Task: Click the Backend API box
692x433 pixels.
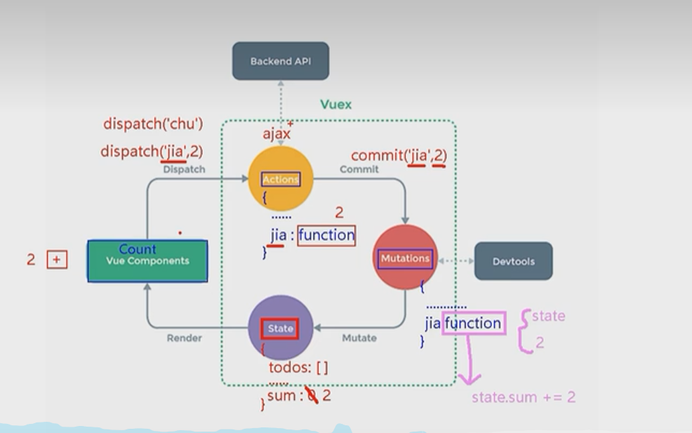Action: (x=281, y=61)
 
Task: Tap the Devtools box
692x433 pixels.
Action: (x=513, y=261)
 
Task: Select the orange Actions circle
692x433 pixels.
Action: (x=281, y=180)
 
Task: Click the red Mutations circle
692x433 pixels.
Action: (x=405, y=258)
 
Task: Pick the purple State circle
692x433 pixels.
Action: (x=280, y=328)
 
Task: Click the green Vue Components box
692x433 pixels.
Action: (x=147, y=261)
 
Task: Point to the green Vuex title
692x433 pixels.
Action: (x=336, y=105)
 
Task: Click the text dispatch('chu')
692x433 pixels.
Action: (x=153, y=124)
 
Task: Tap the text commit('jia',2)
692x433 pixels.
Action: (x=399, y=155)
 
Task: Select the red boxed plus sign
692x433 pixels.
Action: (x=57, y=260)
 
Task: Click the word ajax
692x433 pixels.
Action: (x=277, y=133)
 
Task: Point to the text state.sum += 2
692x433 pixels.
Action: (x=524, y=397)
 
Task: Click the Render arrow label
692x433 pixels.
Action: (x=185, y=338)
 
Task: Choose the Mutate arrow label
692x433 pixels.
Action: (x=359, y=338)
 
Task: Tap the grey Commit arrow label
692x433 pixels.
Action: (x=359, y=169)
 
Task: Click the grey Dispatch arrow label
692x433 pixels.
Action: (x=185, y=169)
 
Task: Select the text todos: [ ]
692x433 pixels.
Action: (x=298, y=367)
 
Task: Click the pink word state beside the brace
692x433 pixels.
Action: (x=548, y=316)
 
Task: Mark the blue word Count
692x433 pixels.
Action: (x=138, y=249)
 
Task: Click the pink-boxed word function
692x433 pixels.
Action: (x=474, y=323)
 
